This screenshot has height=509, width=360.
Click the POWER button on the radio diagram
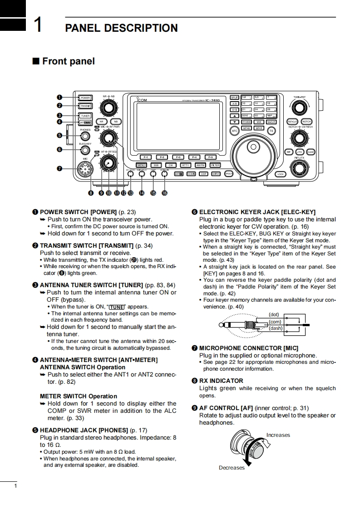click(x=85, y=98)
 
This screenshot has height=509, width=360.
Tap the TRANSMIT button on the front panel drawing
click(x=85, y=106)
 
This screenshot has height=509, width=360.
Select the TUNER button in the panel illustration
click(x=85, y=116)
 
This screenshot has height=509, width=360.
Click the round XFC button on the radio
click(x=234, y=131)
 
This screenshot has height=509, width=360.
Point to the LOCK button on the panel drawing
click(x=280, y=174)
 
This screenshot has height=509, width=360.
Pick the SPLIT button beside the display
click(x=234, y=97)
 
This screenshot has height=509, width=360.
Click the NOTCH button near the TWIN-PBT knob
click(x=306, y=122)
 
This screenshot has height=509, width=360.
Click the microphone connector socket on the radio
click(x=85, y=169)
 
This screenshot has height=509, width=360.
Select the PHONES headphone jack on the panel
click(x=85, y=136)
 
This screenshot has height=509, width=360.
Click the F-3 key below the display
click(x=178, y=157)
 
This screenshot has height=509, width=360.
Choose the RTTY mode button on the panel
click(x=185, y=165)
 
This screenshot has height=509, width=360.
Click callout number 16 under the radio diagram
click(x=164, y=193)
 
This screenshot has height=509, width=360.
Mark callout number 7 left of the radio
click(x=59, y=169)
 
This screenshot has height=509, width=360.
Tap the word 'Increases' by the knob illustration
click(x=278, y=435)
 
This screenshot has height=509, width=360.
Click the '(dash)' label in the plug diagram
click(x=276, y=328)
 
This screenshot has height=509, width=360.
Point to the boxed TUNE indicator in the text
click(x=117, y=307)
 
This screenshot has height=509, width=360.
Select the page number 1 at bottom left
click(x=15, y=487)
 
